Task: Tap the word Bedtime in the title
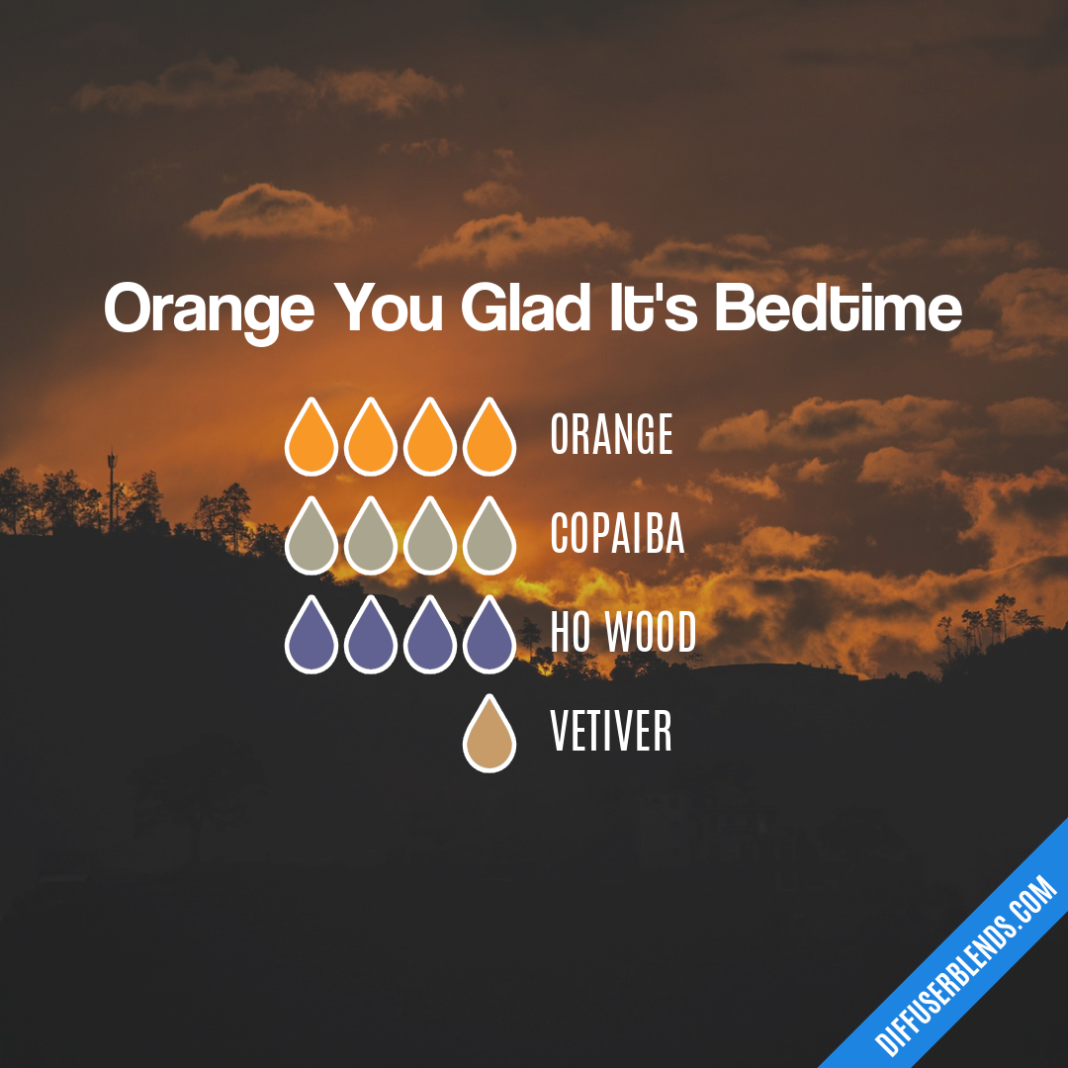839,308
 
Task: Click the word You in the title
388,308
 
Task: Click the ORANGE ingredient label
611,436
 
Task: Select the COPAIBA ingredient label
617,535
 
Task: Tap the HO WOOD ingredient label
623,634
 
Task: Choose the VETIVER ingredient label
611,733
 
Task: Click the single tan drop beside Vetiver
489,737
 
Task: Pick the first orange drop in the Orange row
311,440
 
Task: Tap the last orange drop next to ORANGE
489,440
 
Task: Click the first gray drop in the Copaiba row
311,539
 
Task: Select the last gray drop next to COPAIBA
489,539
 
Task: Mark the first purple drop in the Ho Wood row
311,638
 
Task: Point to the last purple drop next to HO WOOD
489,638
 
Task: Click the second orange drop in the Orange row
371,440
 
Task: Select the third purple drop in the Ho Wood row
430,638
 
